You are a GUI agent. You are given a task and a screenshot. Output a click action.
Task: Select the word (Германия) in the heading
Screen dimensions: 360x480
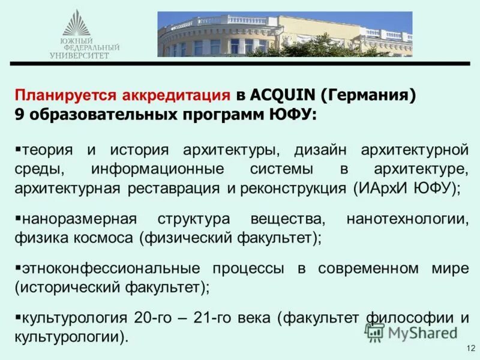tap(368, 95)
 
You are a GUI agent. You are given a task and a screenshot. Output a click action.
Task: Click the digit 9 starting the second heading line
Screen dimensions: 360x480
tap(19, 114)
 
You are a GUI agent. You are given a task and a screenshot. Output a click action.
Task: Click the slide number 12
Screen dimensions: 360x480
tap(470, 349)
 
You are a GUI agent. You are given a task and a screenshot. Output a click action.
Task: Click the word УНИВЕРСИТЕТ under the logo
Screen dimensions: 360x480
tap(80, 55)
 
